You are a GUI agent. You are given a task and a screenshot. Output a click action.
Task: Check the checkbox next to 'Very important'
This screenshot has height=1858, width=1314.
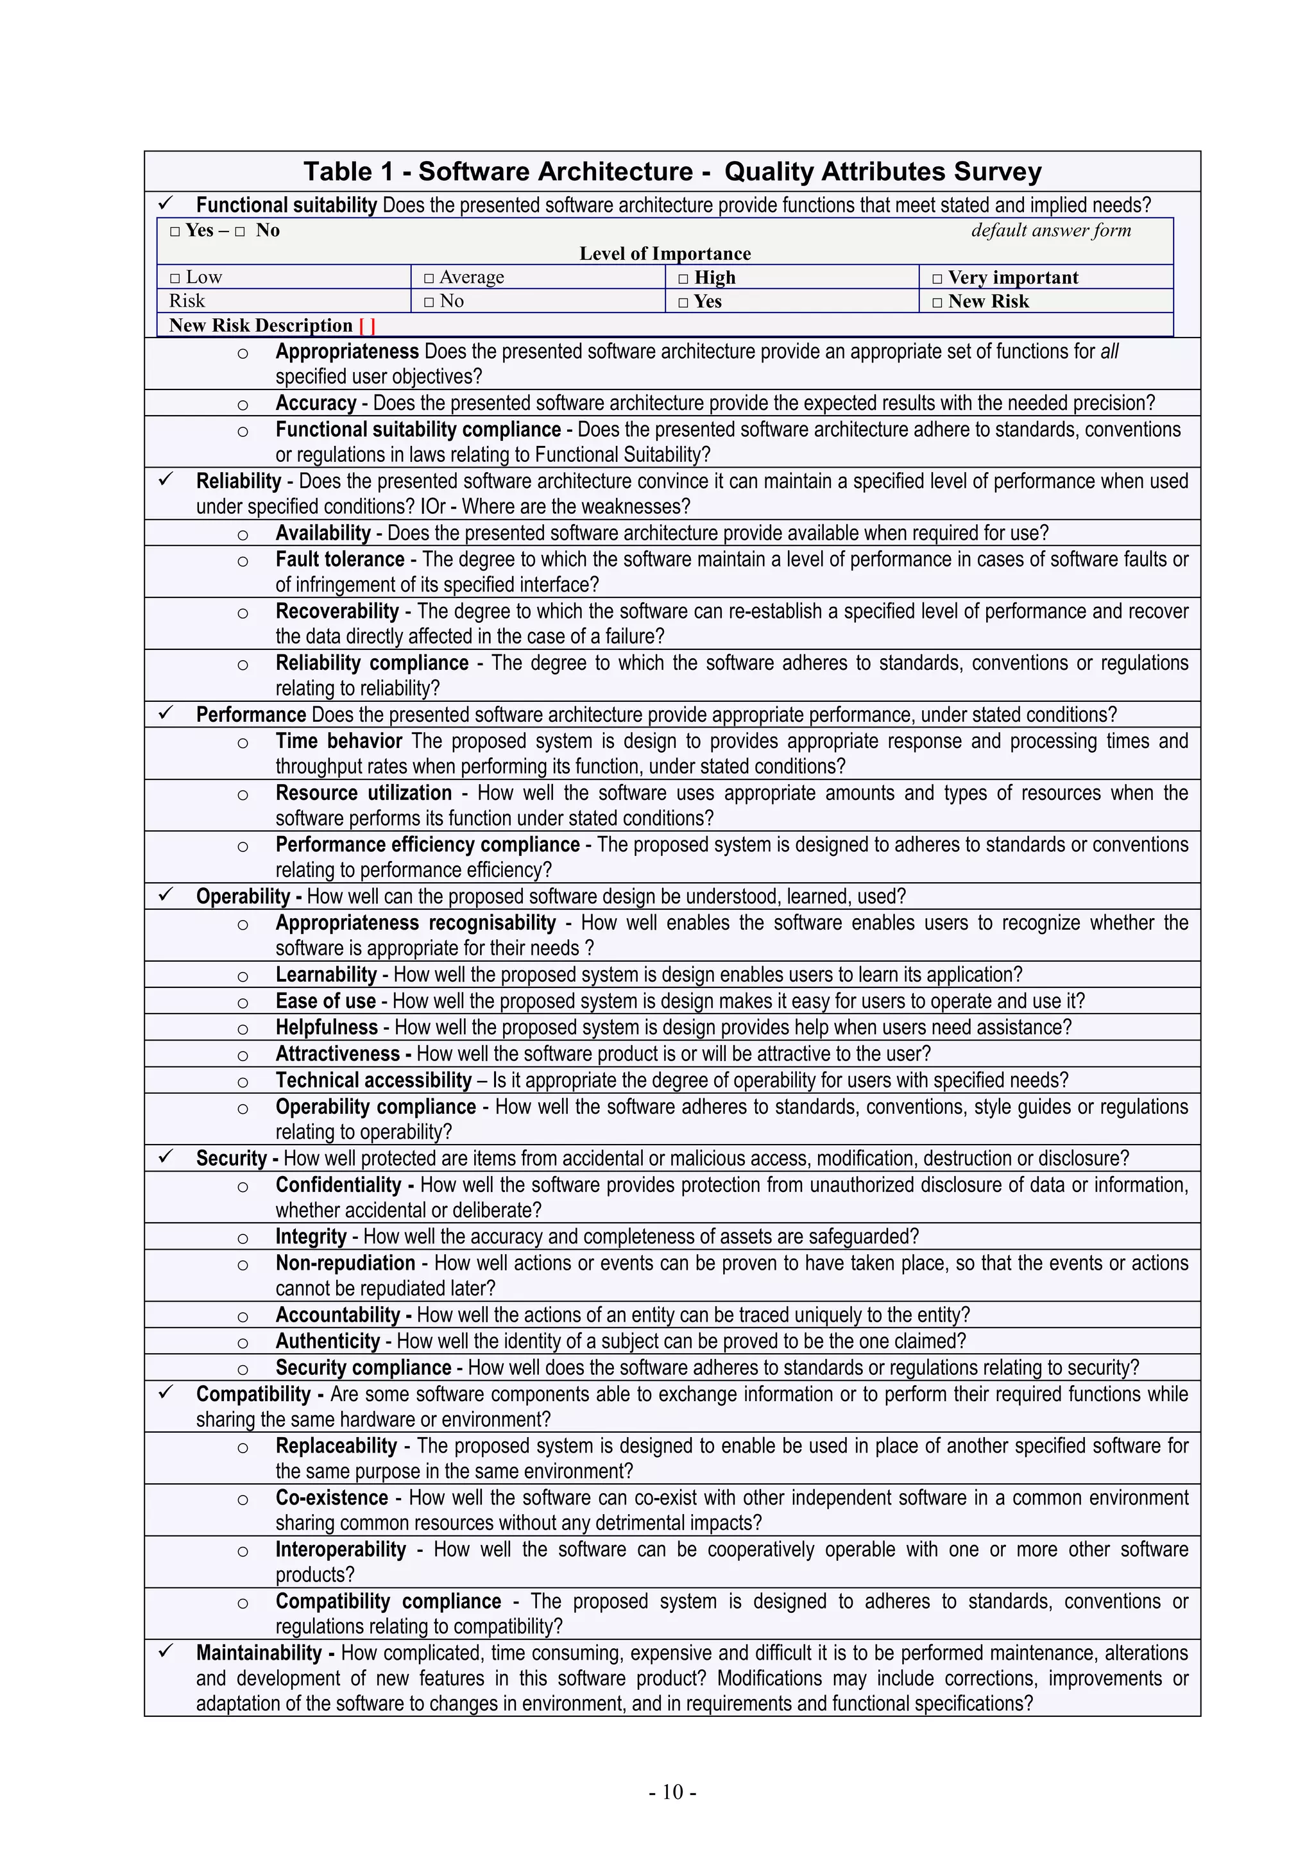(x=937, y=278)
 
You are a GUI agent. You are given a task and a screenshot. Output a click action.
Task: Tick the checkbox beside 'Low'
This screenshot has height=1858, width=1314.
(x=175, y=278)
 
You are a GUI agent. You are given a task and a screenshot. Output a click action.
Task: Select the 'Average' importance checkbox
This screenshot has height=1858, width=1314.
(x=429, y=278)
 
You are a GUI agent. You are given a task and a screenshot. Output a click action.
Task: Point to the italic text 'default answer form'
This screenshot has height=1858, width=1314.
(x=1050, y=230)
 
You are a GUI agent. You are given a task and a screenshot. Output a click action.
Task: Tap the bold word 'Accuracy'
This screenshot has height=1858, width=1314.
(x=316, y=403)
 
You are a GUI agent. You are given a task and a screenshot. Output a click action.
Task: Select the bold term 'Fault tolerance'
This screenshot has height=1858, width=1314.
(x=340, y=559)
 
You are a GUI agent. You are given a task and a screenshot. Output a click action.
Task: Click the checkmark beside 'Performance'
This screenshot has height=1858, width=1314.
(x=166, y=713)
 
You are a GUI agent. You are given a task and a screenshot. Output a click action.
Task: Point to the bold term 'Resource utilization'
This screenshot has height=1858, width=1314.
(x=363, y=793)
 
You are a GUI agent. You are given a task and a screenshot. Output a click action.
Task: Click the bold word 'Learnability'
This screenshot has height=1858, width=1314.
(x=326, y=975)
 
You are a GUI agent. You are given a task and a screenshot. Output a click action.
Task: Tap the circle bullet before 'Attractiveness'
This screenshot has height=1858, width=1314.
(x=243, y=1055)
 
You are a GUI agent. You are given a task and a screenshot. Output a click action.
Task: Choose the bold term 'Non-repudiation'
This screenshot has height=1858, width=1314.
(x=345, y=1263)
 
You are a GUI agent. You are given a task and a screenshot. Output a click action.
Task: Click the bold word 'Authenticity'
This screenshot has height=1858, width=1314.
(x=328, y=1342)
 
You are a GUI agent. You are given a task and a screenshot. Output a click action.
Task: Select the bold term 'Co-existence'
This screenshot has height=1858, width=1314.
(x=332, y=1498)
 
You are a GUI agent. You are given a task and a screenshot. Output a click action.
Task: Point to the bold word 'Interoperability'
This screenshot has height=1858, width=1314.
(x=341, y=1549)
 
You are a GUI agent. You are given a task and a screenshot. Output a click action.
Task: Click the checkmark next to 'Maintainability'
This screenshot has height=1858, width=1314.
(x=166, y=1651)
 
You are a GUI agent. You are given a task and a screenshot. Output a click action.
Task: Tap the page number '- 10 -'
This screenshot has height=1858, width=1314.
(x=672, y=1792)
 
